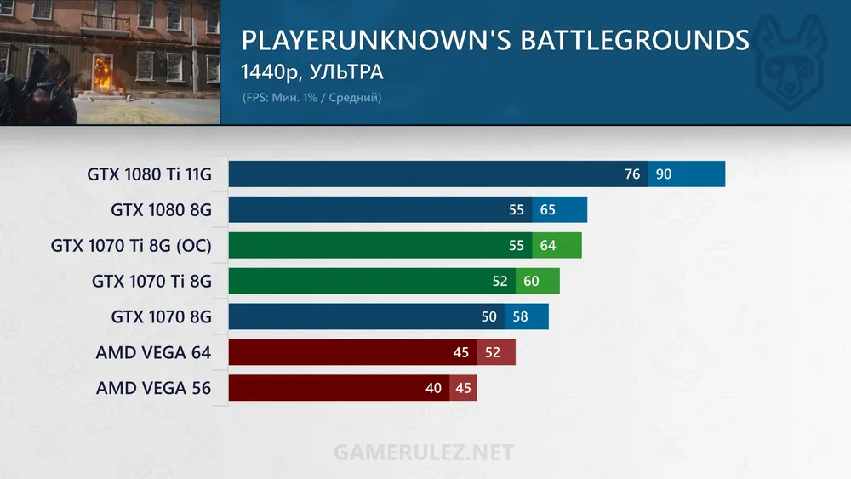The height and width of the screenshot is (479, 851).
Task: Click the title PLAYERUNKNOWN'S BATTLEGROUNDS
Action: (495, 41)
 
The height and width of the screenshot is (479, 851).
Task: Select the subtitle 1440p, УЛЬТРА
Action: (312, 72)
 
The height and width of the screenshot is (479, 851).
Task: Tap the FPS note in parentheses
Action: (311, 98)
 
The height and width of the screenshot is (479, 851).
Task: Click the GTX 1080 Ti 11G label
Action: (149, 174)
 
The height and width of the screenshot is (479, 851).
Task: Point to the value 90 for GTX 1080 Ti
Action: (664, 174)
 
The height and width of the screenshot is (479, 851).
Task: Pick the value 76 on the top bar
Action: (632, 174)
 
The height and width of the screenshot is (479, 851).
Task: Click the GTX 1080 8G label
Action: (161, 210)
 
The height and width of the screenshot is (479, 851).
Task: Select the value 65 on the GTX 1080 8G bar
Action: (547, 210)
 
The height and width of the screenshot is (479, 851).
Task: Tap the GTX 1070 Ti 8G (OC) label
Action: (131, 246)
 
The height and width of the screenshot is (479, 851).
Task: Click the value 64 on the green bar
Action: (547, 246)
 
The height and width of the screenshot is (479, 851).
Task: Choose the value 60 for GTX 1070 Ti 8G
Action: (532, 281)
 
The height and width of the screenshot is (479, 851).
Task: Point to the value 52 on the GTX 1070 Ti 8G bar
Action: (500, 281)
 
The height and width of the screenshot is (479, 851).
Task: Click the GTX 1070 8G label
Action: (161, 316)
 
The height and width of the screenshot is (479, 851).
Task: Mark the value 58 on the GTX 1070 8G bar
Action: (521, 316)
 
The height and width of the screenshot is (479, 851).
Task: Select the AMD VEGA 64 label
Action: (153, 352)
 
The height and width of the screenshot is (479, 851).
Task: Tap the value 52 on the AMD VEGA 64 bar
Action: (492, 352)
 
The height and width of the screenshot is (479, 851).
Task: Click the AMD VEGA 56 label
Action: (153, 388)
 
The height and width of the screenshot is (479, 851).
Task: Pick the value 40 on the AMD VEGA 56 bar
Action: (434, 388)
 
